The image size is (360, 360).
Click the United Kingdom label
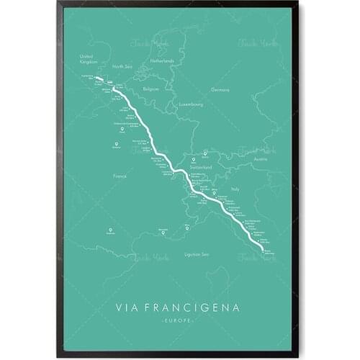(87, 58)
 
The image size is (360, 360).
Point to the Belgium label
(150, 89)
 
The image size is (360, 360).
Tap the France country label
(120, 175)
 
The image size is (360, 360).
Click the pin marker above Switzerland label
(204, 153)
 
